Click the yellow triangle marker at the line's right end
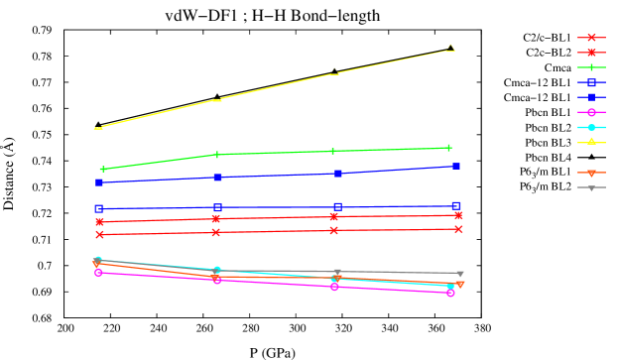[450, 47]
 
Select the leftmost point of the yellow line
[97, 128]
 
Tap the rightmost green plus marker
[448, 148]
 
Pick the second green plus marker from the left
[216, 155]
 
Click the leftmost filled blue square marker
[99, 182]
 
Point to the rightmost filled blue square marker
[455, 167]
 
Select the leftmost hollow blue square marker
[99, 209]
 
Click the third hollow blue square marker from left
[338, 207]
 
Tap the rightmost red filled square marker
[458, 215]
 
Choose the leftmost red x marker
[99, 235]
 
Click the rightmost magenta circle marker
[450, 293]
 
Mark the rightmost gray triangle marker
[459, 274]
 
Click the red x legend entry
[591, 38]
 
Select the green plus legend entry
[591, 67]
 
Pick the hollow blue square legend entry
[591, 82]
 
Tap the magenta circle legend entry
[591, 112]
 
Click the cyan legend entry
[591, 127]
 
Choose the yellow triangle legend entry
[591, 142]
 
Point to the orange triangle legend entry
[591, 173]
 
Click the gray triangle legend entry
[591, 187]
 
